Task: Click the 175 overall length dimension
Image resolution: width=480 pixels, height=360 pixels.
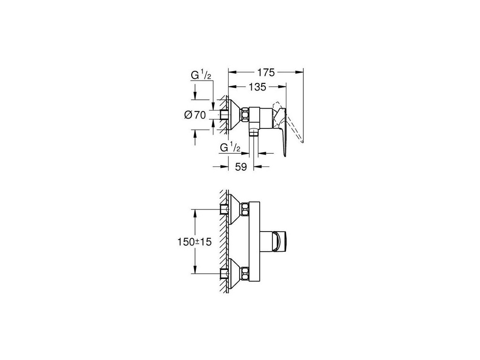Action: coord(266,72)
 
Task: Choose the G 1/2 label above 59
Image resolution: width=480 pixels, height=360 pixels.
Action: coord(231,148)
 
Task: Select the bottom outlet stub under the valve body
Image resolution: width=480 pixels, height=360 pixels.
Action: coord(254,134)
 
